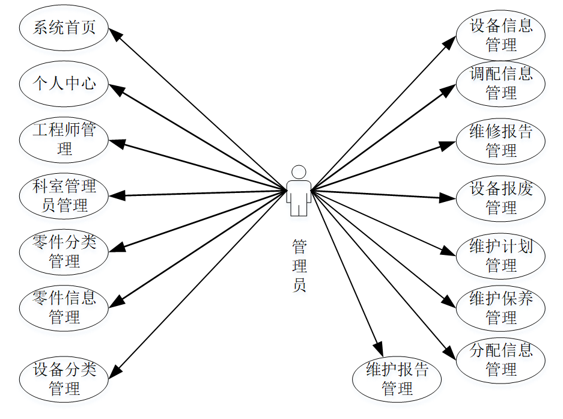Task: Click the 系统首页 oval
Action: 64,28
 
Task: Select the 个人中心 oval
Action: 64,83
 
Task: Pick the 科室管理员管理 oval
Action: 64,195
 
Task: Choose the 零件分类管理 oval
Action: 64,251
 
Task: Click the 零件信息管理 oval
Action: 64,307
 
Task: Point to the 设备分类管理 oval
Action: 64,378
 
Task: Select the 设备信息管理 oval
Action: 501,35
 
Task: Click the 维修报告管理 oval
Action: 501,141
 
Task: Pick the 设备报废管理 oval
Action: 501,198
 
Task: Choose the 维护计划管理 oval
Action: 501,255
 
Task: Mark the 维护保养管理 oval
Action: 501,307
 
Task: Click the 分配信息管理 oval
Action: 501,359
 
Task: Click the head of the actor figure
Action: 299,172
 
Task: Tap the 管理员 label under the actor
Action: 299,265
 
